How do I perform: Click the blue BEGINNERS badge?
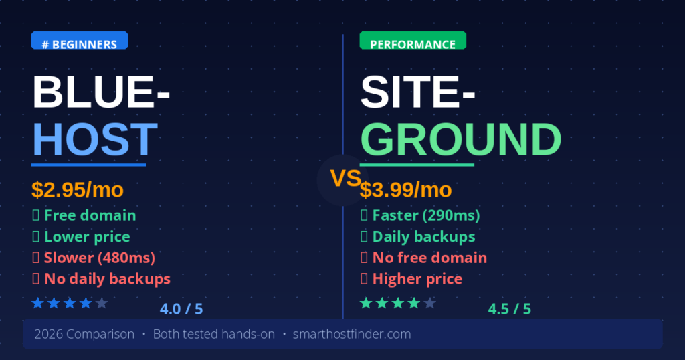pos(79,44)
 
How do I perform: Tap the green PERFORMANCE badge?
pos(412,44)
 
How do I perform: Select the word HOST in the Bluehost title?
pos(95,139)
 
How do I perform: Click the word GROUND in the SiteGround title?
pos(460,139)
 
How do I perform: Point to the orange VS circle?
pos(345,179)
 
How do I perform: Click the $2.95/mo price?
pos(78,190)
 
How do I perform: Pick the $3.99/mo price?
pos(406,190)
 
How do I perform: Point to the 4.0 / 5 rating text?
pos(181,309)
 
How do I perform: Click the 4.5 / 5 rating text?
pos(509,309)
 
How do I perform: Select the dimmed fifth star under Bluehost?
pos(102,304)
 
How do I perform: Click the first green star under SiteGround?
pos(366,304)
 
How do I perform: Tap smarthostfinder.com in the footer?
pos(352,334)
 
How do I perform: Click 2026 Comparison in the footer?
pos(84,334)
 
